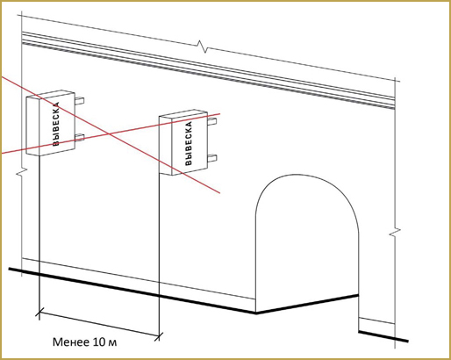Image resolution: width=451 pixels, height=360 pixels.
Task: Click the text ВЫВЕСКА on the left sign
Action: click(x=56, y=124)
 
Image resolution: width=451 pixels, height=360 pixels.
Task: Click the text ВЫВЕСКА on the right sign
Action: click(x=189, y=143)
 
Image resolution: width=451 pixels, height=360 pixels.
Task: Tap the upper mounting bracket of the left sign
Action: click(x=79, y=101)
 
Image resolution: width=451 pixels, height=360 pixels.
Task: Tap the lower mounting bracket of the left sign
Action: click(x=79, y=137)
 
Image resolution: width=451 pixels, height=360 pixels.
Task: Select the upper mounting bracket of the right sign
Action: click(x=212, y=121)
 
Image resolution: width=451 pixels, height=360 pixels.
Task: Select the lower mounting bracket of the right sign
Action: click(x=212, y=158)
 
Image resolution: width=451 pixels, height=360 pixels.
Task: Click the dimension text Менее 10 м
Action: click(x=85, y=342)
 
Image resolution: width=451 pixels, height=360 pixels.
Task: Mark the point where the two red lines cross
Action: click(x=109, y=133)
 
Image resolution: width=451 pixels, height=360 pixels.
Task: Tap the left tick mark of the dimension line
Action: click(x=39, y=312)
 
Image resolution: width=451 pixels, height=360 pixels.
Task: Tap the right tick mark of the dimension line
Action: click(x=159, y=336)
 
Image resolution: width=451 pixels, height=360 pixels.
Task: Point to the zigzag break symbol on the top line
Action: click(x=203, y=47)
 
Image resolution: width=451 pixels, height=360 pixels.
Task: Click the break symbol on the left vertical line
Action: click(x=21, y=173)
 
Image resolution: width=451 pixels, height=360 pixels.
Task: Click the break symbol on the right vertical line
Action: click(x=395, y=231)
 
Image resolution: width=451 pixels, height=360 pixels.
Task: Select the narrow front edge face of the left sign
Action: click(x=32, y=126)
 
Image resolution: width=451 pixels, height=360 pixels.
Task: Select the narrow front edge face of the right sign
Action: click(x=166, y=146)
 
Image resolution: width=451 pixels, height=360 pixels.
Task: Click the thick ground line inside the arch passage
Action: click(x=307, y=305)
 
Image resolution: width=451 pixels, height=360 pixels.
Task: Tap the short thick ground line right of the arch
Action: click(x=383, y=336)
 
